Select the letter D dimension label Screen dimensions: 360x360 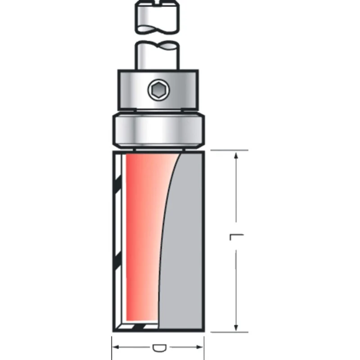pyautogui.click(x=158, y=348)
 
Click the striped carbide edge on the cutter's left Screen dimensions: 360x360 pyautogui.click(x=117, y=238)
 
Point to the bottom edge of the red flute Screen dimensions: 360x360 pyautogui.click(x=142, y=322)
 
